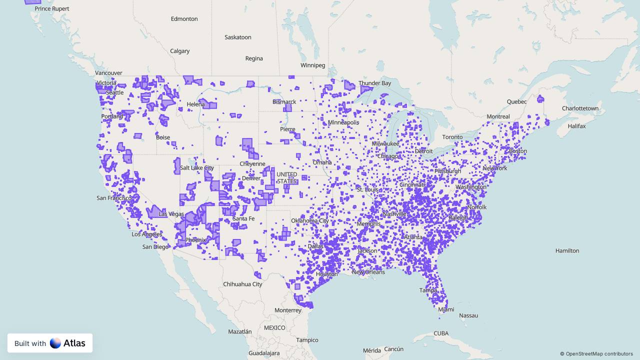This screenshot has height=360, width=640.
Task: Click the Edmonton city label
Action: [x=184, y=19]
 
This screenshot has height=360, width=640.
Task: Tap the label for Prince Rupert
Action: [x=52, y=8]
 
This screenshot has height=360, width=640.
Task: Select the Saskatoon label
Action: [x=237, y=37]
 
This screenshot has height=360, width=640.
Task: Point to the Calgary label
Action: [x=179, y=51]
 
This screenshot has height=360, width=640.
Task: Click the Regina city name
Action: [x=254, y=58]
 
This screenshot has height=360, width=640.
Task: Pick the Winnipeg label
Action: [x=312, y=65]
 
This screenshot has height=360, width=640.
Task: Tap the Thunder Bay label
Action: [x=374, y=83]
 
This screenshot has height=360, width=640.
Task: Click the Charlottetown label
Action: [x=580, y=108]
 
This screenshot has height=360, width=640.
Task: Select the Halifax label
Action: [x=576, y=126]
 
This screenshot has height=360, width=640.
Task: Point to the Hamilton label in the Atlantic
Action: [x=567, y=250]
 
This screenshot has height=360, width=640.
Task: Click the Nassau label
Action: [x=468, y=315]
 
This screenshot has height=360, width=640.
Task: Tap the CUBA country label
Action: [x=441, y=333]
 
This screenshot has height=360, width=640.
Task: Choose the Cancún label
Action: [x=394, y=349]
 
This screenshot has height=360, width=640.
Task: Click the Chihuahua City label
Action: [x=242, y=284]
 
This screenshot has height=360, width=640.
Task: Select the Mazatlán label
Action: [x=240, y=331]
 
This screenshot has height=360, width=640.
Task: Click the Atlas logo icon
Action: [x=55, y=343]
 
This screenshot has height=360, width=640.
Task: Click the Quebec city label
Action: [x=516, y=101]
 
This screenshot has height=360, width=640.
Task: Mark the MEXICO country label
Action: [x=274, y=328]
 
